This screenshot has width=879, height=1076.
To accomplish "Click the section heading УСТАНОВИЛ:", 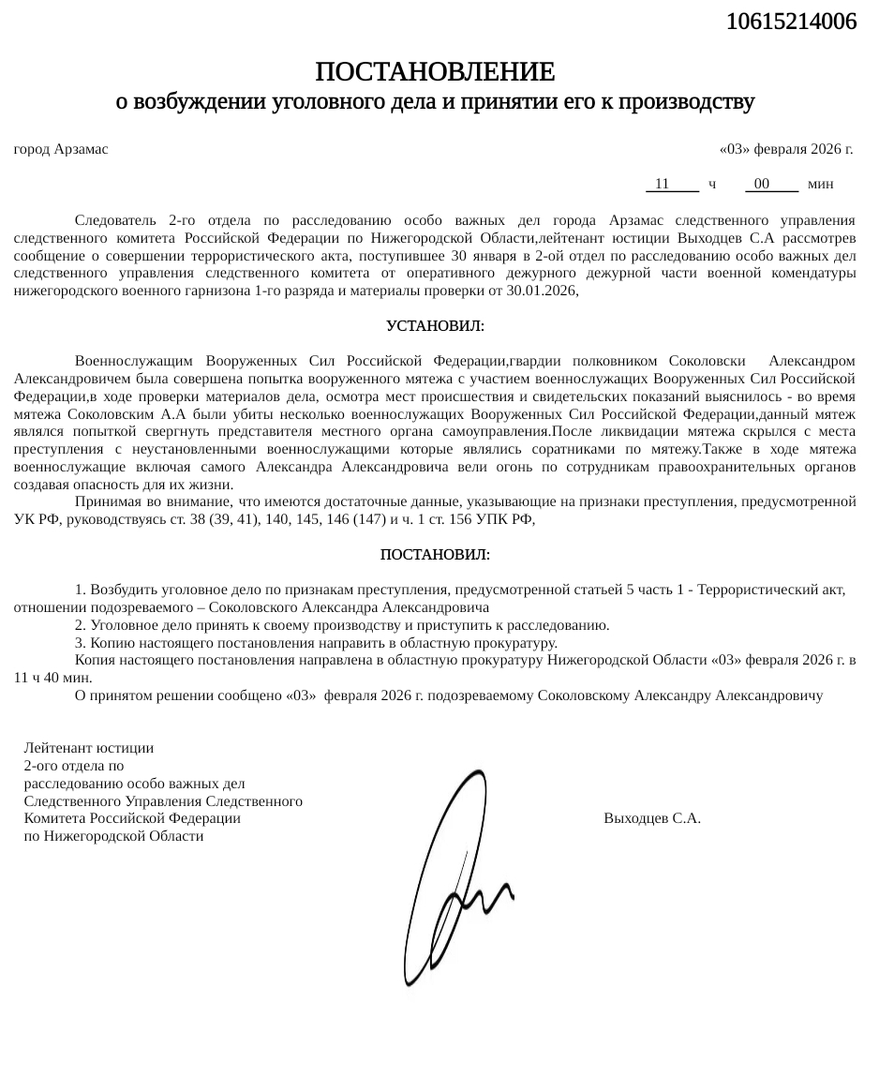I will click(x=435, y=326).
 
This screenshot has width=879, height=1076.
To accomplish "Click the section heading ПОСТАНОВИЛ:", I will click(x=435, y=555).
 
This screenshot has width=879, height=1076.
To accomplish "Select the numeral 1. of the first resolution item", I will click(x=81, y=590).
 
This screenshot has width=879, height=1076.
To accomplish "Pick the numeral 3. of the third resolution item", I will click(x=81, y=643).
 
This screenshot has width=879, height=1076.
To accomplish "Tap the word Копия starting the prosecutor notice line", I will click(x=94, y=660).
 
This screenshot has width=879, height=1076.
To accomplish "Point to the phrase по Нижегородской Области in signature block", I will click(x=114, y=835).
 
